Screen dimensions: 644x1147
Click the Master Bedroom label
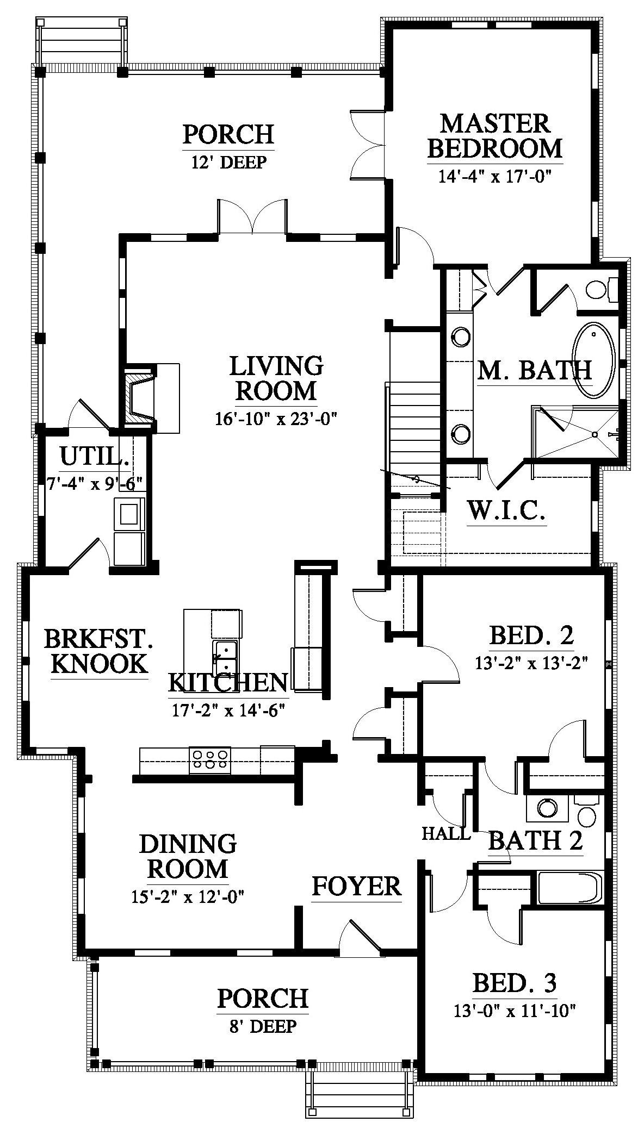pyautogui.click(x=495, y=136)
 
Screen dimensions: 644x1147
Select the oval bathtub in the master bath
pyautogui.click(x=594, y=360)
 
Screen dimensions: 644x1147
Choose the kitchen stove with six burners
pyautogui.click(x=209, y=760)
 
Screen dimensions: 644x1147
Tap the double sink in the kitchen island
pyautogui.click(x=226, y=658)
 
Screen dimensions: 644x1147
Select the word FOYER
pyautogui.click(x=356, y=887)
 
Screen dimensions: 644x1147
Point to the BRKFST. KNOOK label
pyautogui.click(x=98, y=651)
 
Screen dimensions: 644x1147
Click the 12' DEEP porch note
pyautogui.click(x=229, y=162)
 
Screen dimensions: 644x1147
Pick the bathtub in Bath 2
pyautogui.click(x=571, y=888)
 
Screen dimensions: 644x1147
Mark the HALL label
pyautogui.click(x=446, y=833)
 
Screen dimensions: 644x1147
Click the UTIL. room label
pyautogui.click(x=95, y=457)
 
